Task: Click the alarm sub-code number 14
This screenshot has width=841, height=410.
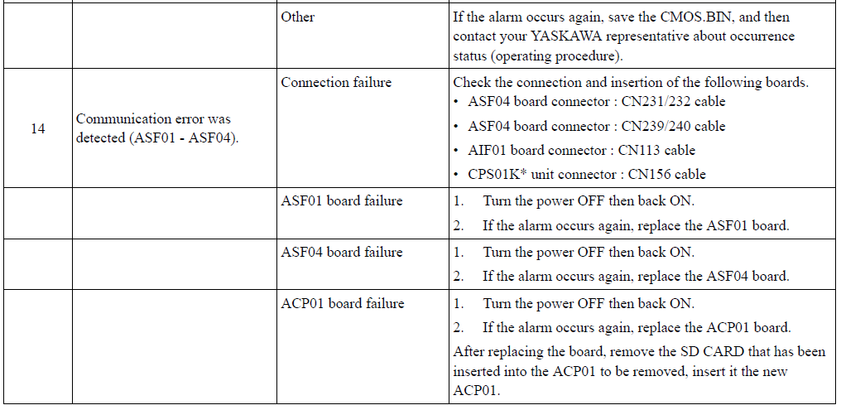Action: (37, 128)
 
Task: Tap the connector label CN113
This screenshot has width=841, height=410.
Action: (638, 151)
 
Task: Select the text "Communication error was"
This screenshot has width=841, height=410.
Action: (153, 119)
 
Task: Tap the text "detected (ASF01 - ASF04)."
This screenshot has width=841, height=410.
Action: (157, 138)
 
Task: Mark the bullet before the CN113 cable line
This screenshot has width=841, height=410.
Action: (456, 152)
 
